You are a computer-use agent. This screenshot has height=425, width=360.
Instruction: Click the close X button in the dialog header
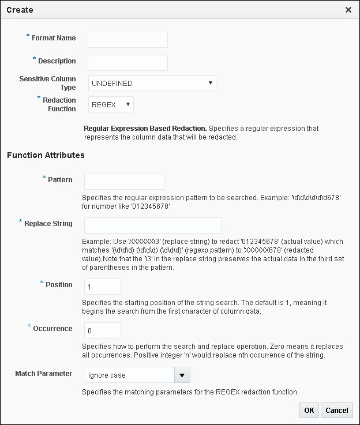[348, 10]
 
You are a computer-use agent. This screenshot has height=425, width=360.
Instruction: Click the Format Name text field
[127, 39]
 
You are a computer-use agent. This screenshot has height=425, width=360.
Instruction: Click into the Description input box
[127, 62]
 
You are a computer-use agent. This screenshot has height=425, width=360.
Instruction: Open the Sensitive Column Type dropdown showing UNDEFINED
[152, 83]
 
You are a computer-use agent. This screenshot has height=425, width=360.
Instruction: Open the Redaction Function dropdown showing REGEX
[111, 104]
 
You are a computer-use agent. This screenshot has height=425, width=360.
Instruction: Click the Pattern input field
[124, 182]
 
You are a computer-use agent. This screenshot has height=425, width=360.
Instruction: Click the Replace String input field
[153, 225]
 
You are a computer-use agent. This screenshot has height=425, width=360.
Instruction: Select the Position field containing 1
[102, 286]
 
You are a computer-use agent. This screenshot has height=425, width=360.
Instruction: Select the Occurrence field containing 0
[102, 330]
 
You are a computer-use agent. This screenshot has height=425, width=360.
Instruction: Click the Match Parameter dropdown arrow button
[182, 375]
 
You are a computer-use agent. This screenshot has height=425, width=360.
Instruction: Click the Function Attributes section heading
[46, 155]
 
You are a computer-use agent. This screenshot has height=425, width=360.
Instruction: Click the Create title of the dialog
[20, 10]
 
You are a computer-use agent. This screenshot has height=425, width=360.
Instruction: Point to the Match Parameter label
[44, 374]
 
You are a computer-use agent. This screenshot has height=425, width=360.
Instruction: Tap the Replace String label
[48, 223]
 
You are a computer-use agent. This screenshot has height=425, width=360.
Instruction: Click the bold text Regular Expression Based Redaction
[145, 128]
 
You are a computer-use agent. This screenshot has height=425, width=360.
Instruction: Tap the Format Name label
[54, 38]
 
